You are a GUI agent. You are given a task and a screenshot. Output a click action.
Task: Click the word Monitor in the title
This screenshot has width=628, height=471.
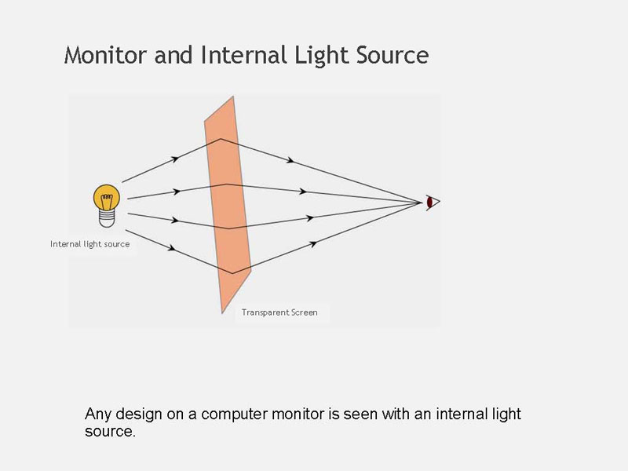(x=106, y=54)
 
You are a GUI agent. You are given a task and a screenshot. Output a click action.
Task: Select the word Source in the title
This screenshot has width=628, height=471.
(x=392, y=55)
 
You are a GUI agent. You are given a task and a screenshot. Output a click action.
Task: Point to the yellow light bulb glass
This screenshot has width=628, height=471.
(x=107, y=197)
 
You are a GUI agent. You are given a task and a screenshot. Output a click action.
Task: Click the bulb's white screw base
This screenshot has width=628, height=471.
(x=107, y=219)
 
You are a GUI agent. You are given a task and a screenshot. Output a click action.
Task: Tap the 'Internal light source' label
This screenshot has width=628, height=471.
(x=90, y=244)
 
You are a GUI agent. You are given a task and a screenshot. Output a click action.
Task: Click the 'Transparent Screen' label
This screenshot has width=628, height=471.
(x=279, y=312)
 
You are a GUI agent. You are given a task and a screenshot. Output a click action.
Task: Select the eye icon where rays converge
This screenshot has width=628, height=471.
(x=433, y=203)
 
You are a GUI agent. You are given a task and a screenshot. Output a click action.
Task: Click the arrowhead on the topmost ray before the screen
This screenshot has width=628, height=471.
(x=174, y=159)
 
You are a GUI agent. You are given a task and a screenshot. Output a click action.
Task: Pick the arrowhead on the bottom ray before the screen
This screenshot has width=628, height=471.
(x=171, y=248)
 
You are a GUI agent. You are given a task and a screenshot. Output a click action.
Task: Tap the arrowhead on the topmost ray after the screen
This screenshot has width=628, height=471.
(x=290, y=160)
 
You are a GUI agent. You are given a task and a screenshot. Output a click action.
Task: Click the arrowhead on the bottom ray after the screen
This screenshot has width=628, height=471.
(x=313, y=244)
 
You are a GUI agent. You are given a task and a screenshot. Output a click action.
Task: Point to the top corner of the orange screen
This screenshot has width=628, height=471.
(x=233, y=96)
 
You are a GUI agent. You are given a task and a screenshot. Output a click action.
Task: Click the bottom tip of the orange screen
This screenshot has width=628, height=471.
(x=222, y=313)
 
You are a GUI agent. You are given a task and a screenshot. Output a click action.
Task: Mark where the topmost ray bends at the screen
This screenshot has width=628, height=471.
(x=221, y=139)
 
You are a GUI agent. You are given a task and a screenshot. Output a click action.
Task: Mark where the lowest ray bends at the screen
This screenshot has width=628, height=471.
(x=232, y=273)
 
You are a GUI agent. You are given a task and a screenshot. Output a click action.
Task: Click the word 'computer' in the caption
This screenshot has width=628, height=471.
(x=234, y=414)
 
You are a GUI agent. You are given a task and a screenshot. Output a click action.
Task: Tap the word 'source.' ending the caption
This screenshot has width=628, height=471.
(x=110, y=432)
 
